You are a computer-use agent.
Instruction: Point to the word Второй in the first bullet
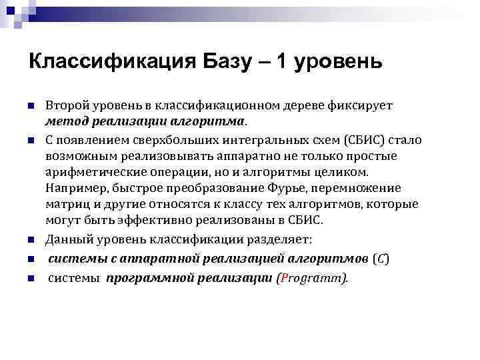pyautogui.click(x=66, y=106)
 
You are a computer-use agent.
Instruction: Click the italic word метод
pyautogui.click(x=65, y=122)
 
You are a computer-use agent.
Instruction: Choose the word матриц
pyautogui.click(x=65, y=203)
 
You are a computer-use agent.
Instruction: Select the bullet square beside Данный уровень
pyautogui.click(x=31, y=239)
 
